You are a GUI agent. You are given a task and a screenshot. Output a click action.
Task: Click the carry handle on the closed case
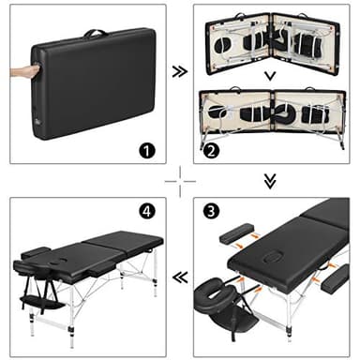coord(96,33)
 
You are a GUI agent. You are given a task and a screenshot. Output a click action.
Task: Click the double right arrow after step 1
coord(179,70)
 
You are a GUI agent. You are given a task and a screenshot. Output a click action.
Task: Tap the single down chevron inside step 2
coord(270,76)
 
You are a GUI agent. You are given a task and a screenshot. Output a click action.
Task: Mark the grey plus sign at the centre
coord(179,180)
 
